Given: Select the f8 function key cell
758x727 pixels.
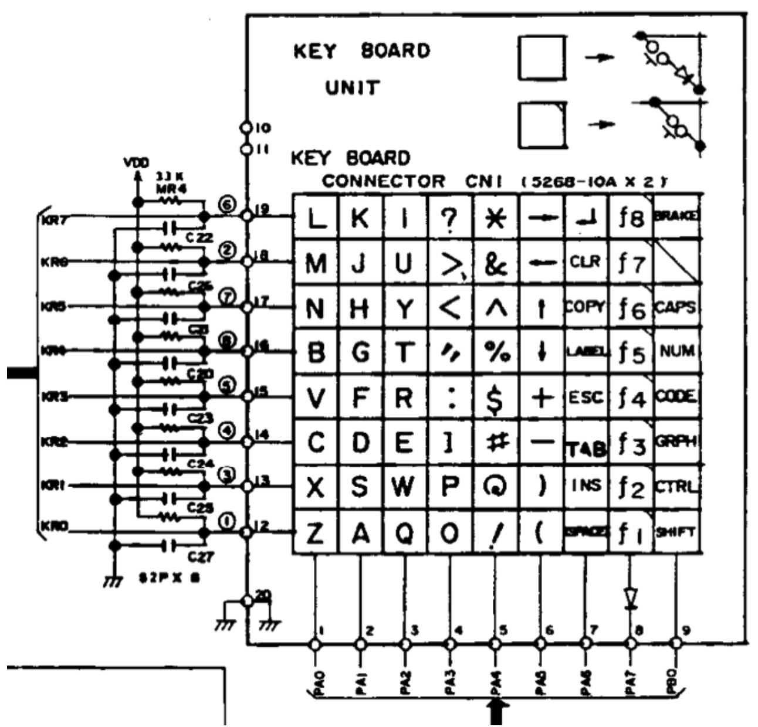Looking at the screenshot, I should [x=631, y=218].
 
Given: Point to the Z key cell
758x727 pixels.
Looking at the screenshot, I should [x=316, y=534].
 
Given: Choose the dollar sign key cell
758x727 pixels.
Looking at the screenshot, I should [x=495, y=398].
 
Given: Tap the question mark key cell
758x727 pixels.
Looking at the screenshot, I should [x=450, y=218].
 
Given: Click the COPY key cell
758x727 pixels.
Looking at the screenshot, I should [x=585, y=307].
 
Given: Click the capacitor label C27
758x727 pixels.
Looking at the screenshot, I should [x=195, y=557].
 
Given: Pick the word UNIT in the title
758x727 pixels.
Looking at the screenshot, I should [x=353, y=89].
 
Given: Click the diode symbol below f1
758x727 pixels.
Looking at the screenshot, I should [x=631, y=598].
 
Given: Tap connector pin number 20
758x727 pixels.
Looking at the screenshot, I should [x=263, y=595].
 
